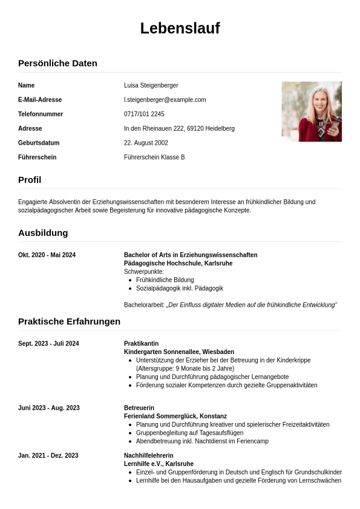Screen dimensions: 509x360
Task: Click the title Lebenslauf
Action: tap(180, 28)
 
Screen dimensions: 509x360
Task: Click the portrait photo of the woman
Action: tap(311, 111)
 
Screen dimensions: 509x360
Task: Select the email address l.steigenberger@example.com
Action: tap(165, 100)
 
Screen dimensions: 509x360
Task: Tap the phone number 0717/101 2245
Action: tap(144, 114)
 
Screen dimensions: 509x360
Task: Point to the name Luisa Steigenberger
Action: tap(151, 85)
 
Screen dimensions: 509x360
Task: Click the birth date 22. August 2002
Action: tap(146, 143)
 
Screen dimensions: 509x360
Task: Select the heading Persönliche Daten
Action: tap(57, 63)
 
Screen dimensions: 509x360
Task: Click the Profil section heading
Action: tap(30, 180)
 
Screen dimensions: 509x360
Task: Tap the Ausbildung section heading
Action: tap(43, 232)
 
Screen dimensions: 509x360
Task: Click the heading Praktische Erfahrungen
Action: tap(69, 321)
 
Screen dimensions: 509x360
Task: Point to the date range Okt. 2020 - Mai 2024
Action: tap(47, 255)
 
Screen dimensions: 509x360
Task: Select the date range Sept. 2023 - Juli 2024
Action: tap(48, 344)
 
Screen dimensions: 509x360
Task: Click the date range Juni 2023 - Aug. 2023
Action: tap(48, 408)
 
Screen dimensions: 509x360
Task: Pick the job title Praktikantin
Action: tap(141, 344)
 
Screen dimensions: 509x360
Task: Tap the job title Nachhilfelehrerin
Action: tap(148, 456)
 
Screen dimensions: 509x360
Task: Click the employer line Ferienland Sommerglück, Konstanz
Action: tap(175, 416)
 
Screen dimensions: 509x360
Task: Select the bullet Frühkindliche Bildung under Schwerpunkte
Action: tap(165, 280)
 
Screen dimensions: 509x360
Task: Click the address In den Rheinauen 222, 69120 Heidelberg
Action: tap(179, 128)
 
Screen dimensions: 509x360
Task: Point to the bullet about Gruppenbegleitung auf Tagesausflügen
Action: tap(189, 433)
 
